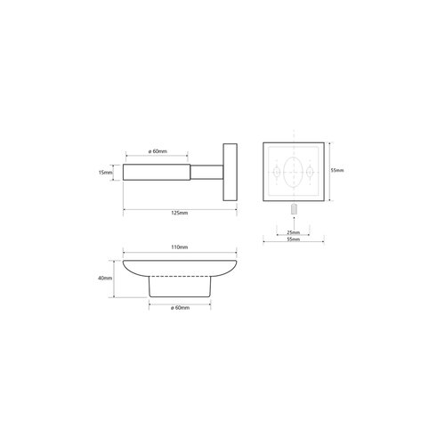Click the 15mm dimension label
[105, 172]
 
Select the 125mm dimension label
[180, 213]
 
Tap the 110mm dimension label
[180, 247]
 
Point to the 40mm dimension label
[105, 278]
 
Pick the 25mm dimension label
[294, 232]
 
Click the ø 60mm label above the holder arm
[158, 151]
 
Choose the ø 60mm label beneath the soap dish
[180, 308]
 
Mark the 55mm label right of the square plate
[337, 170]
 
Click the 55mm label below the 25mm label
[294, 239]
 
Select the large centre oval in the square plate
[283, 172]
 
